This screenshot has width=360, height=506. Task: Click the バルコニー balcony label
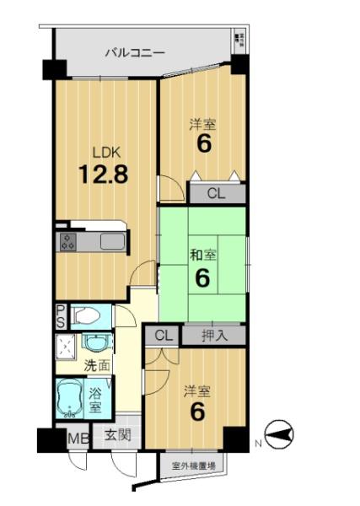135,52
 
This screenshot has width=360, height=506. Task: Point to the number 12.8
104,174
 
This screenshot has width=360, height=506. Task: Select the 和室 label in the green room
203,256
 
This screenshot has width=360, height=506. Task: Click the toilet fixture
87,316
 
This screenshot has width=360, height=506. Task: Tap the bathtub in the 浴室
69,398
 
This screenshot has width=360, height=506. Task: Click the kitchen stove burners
68,242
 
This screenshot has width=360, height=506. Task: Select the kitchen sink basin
112,242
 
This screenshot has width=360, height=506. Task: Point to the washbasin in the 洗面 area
97,343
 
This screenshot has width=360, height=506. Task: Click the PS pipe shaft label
61,316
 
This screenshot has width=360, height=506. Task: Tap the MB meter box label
78,439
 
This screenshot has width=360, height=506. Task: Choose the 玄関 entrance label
117,436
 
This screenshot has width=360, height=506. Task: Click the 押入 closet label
215,336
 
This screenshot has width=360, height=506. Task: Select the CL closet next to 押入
164,336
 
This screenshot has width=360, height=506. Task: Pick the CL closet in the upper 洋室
216,194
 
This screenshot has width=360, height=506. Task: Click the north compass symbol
279,434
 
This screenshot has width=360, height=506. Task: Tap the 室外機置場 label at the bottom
194,466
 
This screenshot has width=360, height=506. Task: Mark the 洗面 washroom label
97,366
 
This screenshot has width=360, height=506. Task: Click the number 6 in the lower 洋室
197,412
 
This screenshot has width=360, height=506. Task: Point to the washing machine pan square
67,347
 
